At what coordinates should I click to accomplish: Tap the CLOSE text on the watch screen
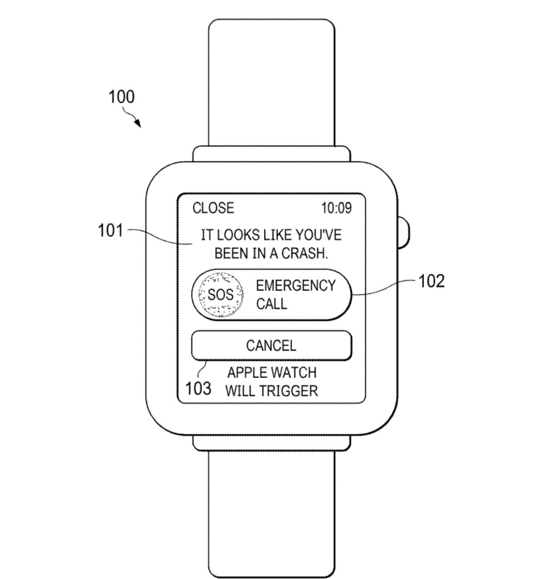[x=213, y=208]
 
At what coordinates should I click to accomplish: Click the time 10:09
[x=336, y=208]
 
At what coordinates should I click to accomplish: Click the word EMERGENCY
[x=296, y=286]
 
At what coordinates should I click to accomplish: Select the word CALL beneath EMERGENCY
[x=272, y=304]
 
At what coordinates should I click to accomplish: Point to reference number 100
[x=121, y=97]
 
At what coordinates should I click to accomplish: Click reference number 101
[x=111, y=231]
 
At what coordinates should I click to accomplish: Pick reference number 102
[x=431, y=281]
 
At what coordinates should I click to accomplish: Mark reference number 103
[x=198, y=389]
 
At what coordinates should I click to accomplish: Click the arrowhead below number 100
[x=138, y=124]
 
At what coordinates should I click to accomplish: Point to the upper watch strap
[x=272, y=82]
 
